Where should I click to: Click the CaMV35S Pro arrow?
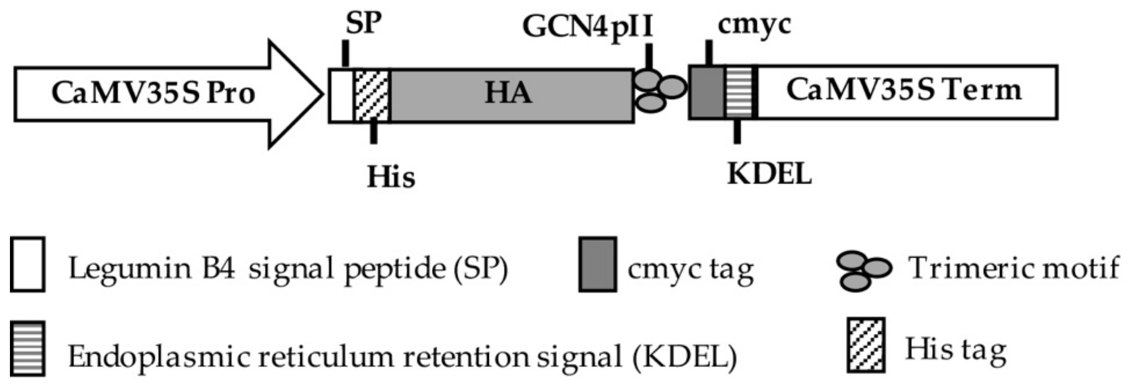point(154,94)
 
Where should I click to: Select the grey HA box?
point(511,95)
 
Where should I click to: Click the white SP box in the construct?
point(341,95)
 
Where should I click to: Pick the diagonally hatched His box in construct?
point(371,95)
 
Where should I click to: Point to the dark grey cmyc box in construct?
point(706,92)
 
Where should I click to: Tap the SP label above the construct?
point(363,23)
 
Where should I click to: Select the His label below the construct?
point(390,176)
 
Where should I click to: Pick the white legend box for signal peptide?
point(27,264)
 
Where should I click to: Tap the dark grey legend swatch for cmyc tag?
point(597,264)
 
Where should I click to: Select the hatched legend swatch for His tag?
point(865,345)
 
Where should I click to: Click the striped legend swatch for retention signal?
point(28,348)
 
